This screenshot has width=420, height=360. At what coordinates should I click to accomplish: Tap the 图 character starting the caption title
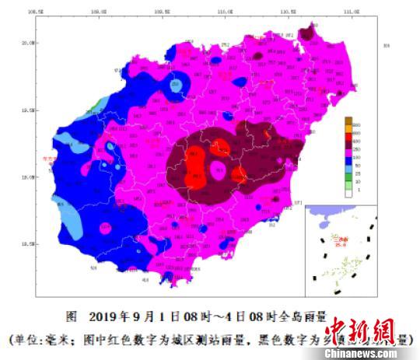pyautogui.click(x=71, y=316)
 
